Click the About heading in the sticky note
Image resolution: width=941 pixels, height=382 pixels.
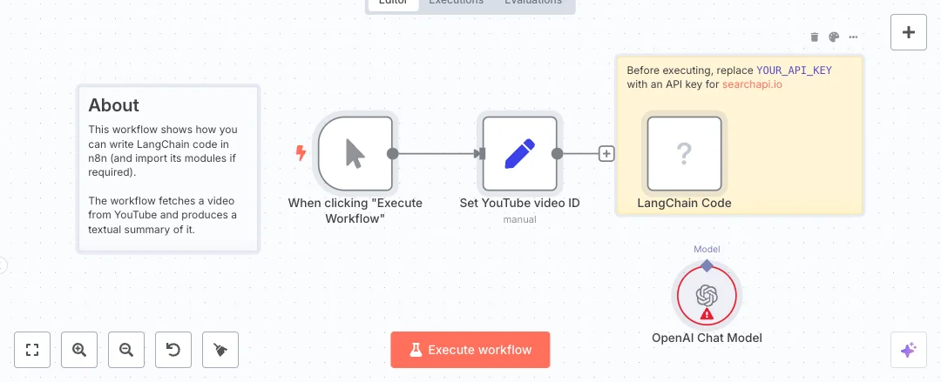pyautogui.click(x=114, y=105)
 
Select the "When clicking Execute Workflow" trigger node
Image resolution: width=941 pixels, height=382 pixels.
pyautogui.click(x=355, y=153)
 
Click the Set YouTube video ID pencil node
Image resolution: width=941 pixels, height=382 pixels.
pyautogui.click(x=519, y=153)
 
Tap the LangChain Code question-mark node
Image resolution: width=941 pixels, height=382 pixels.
pyautogui.click(x=684, y=153)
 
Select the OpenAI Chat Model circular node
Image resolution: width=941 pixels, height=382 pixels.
pyautogui.click(x=707, y=296)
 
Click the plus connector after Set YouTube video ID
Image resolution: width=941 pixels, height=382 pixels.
pyautogui.click(x=606, y=153)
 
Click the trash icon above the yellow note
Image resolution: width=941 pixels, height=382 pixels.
pyautogui.click(x=815, y=37)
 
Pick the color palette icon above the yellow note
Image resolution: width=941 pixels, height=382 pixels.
pyautogui.click(x=834, y=37)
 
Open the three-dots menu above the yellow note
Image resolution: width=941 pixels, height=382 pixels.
pyautogui.click(x=853, y=37)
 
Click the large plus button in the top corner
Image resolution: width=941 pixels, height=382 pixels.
pyautogui.click(x=909, y=32)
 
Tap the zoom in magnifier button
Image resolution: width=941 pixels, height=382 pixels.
pyautogui.click(x=79, y=350)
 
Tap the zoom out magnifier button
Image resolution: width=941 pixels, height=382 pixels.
pyautogui.click(x=126, y=350)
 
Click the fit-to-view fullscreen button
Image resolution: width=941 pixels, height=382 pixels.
pyautogui.click(x=32, y=350)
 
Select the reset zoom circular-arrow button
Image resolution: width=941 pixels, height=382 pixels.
pyautogui.click(x=173, y=350)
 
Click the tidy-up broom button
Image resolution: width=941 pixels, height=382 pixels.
pyautogui.click(x=220, y=350)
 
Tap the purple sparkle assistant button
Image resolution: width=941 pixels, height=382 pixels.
pyautogui.click(x=909, y=350)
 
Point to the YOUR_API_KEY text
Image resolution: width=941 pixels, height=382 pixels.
pyautogui.click(x=794, y=70)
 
